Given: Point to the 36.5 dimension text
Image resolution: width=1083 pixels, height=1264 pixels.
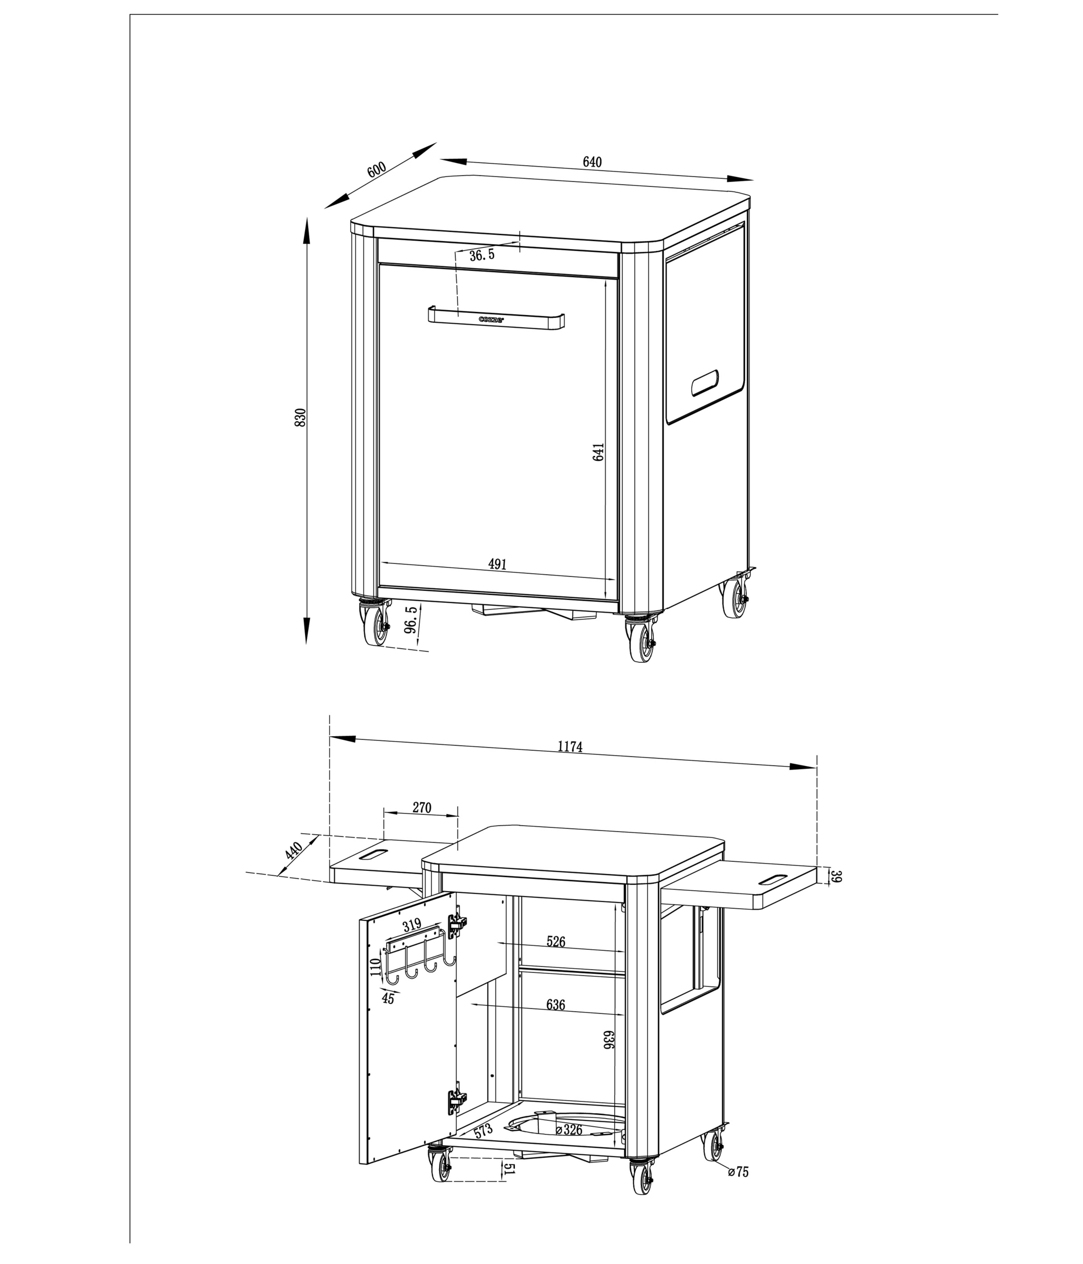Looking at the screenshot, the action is (482, 256).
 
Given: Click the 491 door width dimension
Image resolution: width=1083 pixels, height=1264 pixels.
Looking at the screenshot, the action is (498, 564).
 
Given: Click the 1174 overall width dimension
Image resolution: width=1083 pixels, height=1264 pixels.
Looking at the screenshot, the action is (570, 746).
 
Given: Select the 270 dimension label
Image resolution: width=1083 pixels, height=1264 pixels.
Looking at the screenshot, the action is (421, 808).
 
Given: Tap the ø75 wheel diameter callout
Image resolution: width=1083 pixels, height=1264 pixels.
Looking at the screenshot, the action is (738, 1172).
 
